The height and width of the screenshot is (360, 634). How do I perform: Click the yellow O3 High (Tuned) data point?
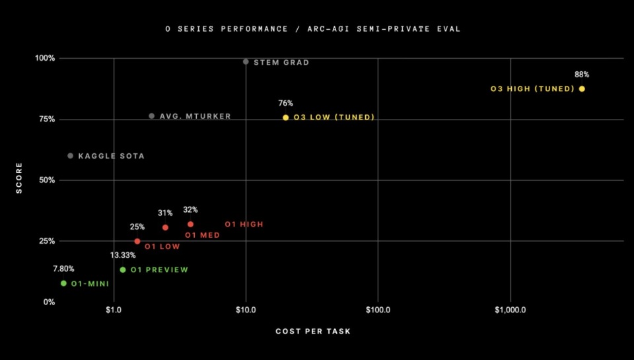[x=582, y=89]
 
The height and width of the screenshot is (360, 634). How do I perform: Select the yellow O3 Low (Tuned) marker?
[x=285, y=118]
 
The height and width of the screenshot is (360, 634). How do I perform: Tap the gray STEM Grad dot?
[x=246, y=62]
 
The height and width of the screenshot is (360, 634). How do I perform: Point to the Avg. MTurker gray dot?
[x=151, y=116]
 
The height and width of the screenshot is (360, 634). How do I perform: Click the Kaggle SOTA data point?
[x=70, y=156]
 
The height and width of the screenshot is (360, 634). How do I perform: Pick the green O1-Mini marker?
[x=63, y=283]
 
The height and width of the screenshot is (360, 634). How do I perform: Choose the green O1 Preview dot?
[x=123, y=270]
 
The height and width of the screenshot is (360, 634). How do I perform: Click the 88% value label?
[x=581, y=75]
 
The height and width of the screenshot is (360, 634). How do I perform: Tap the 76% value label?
[x=285, y=103]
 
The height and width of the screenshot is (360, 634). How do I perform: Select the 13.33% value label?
[x=123, y=255]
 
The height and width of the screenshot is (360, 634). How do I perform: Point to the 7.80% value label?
[x=63, y=269]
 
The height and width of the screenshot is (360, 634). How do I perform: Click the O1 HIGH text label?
[x=244, y=225]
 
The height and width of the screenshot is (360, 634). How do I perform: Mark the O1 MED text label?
[x=202, y=235]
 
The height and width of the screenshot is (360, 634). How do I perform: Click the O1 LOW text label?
[x=162, y=246]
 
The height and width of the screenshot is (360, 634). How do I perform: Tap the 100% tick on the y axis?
[x=45, y=58]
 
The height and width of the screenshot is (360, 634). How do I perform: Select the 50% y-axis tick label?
[x=47, y=180]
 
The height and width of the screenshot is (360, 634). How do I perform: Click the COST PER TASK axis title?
[x=313, y=331]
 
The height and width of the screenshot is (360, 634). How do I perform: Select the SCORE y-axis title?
[x=19, y=178]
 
